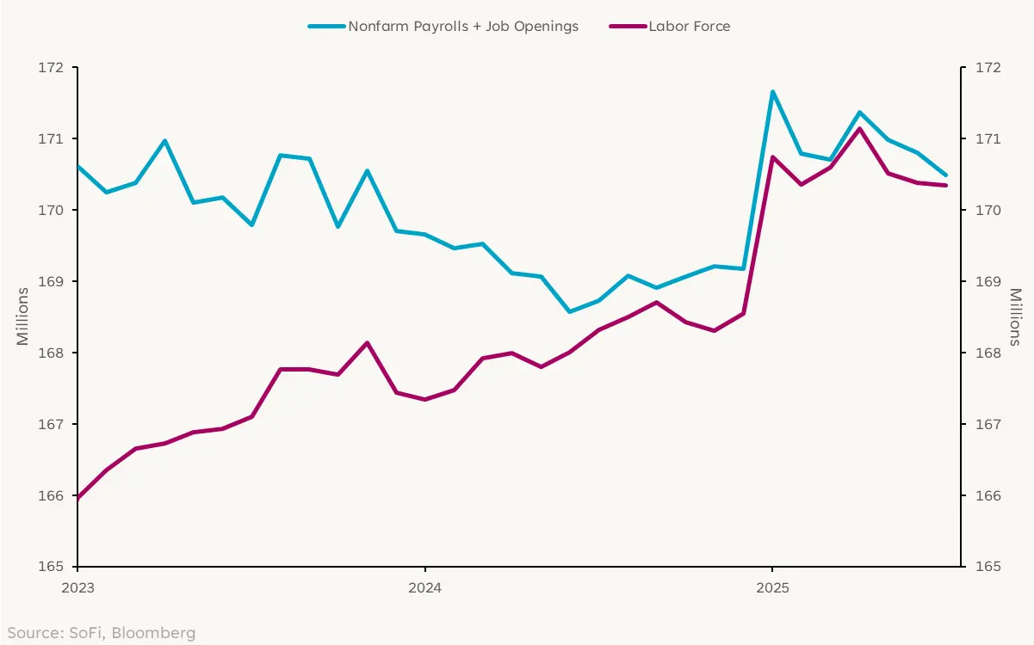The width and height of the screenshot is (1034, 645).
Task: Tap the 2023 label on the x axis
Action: [x=77, y=589]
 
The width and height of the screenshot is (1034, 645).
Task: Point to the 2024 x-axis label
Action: [x=424, y=589]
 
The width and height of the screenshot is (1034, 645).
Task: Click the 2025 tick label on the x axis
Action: [x=772, y=589]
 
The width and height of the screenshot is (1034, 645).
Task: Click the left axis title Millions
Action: [x=23, y=316]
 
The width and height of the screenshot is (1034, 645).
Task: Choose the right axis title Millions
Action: [x=1015, y=316]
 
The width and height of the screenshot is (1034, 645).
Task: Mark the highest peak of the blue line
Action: [x=772, y=91]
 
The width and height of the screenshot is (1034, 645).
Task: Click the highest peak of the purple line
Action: [x=859, y=128]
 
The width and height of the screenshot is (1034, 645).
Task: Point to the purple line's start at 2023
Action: [x=78, y=498]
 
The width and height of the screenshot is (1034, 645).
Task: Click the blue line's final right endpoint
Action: [x=946, y=175]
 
